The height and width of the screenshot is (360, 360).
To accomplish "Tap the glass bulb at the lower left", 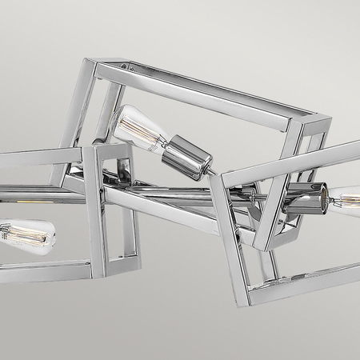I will point(24,235).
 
